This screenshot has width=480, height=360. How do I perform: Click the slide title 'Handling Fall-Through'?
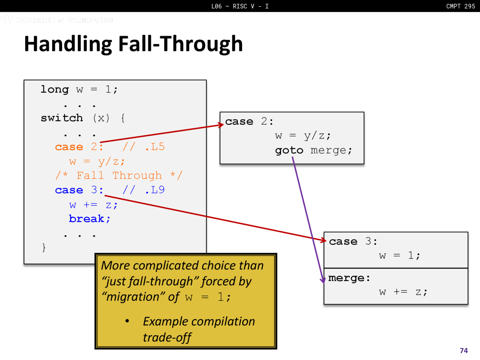133,44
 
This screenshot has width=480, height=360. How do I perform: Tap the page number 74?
463,350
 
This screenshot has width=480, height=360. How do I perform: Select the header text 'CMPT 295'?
460,6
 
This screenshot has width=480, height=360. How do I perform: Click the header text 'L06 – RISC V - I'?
240,6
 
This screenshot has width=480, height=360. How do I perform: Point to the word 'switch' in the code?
62,118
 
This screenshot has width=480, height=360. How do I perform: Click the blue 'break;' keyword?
90,219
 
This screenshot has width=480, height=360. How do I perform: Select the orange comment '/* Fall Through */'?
119,175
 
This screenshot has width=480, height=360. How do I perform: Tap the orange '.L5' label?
155,147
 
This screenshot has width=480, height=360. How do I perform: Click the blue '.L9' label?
155,190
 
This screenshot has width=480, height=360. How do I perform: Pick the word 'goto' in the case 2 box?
289,151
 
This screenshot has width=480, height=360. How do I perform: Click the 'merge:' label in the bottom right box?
349,278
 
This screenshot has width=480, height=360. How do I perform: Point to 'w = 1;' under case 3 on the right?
400,255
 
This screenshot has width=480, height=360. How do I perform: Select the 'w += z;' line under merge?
403,292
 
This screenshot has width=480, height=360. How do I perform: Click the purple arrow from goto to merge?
308,220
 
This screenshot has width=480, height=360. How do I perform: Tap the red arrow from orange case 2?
162,133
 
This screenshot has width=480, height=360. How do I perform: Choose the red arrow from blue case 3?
215,218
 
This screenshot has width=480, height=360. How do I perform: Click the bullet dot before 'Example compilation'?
127,321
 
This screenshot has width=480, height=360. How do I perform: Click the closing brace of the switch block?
44,247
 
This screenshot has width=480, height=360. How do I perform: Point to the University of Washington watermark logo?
57,19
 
